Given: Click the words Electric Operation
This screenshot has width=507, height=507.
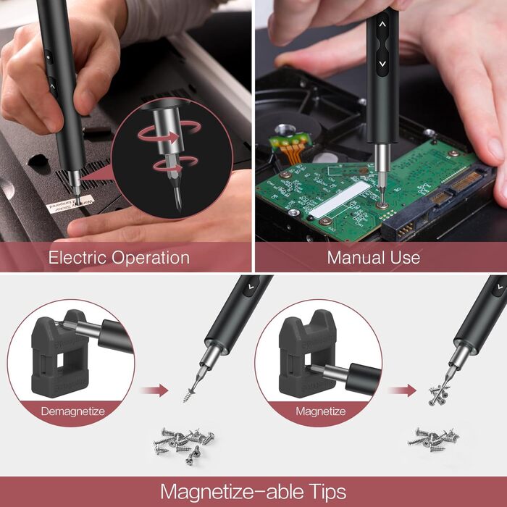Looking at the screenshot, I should (119, 257).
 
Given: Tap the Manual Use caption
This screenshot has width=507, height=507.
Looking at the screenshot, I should (373, 257).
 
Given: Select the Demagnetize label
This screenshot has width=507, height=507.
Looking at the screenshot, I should (72, 411).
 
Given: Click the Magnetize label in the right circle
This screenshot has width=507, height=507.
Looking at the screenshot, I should (319, 411).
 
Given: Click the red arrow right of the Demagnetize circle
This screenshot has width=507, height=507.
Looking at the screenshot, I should (154, 391).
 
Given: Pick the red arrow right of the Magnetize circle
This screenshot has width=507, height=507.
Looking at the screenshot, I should (401, 391).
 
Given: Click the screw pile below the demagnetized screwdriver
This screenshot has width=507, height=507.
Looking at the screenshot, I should (181, 443).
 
